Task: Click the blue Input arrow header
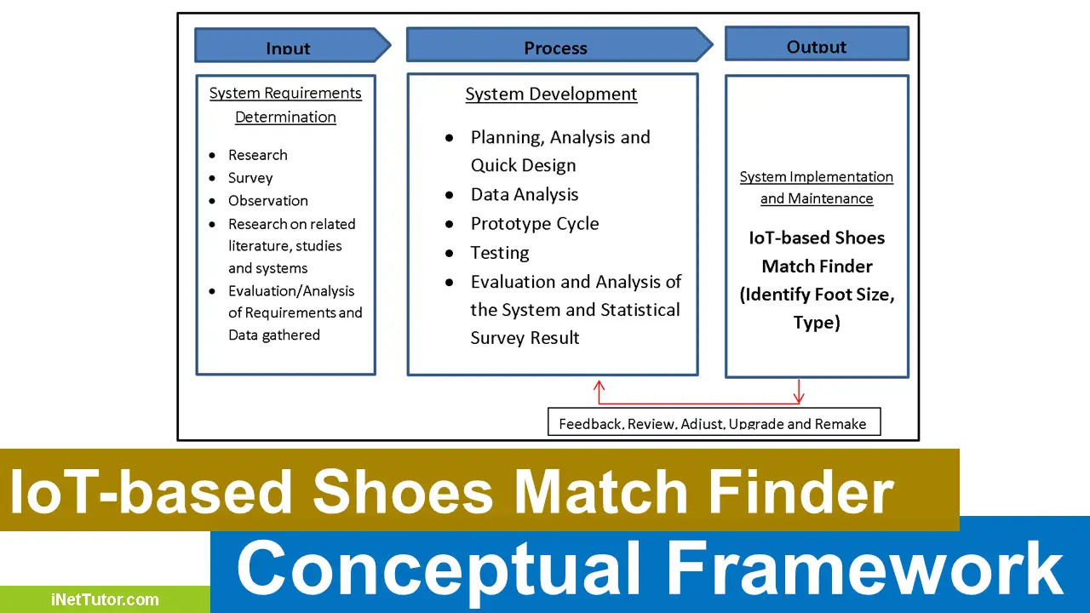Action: [x=288, y=46]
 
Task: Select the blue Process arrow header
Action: [x=555, y=46]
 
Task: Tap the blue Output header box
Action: [x=817, y=44]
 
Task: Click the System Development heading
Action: [x=551, y=95]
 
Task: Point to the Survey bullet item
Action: [x=250, y=178]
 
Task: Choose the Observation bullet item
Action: [x=268, y=201]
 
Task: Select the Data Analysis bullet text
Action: [x=525, y=195]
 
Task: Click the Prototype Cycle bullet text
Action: [x=535, y=224]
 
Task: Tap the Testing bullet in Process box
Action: [x=500, y=253]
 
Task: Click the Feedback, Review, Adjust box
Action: [x=713, y=422]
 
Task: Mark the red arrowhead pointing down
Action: [x=799, y=398]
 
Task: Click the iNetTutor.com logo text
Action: [x=105, y=599]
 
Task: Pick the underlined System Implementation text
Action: [x=816, y=177]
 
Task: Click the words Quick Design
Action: [x=523, y=166]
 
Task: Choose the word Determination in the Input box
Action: [x=285, y=117]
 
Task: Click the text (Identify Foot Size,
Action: [x=817, y=295]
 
